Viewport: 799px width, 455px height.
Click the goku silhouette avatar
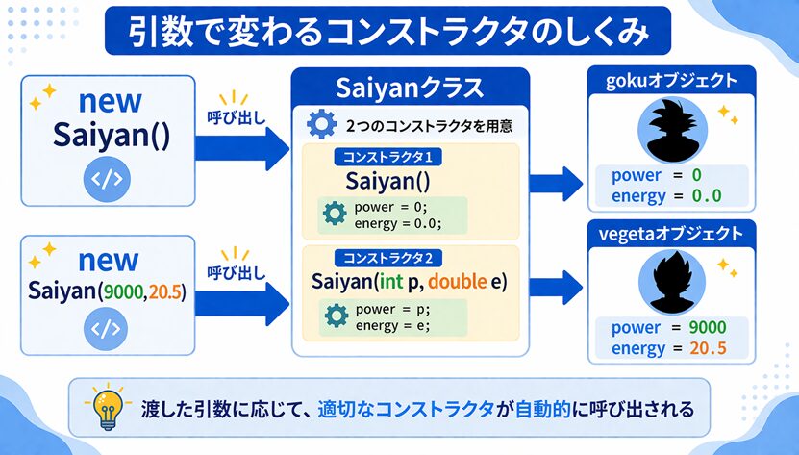[668, 131]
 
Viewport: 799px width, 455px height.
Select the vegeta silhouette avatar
[668, 279]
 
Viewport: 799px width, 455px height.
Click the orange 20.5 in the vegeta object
[707, 349]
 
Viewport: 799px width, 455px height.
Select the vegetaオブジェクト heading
[669, 234]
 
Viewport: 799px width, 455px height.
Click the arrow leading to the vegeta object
[556, 286]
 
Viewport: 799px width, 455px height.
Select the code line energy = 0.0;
[397, 223]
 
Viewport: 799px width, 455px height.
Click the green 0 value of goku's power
[696, 176]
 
